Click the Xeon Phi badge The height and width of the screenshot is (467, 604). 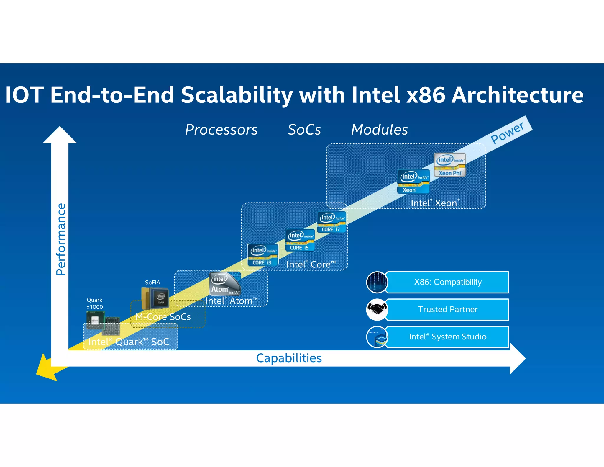(449, 165)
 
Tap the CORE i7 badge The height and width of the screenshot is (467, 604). (332, 222)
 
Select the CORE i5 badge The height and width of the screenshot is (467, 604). (300, 240)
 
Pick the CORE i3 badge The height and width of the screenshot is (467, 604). (262, 255)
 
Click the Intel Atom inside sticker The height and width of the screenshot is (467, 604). (225, 284)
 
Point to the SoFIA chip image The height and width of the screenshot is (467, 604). (155, 298)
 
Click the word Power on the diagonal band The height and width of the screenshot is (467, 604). (507, 133)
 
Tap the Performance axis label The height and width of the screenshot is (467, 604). (61, 239)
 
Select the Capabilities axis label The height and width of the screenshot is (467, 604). (289, 358)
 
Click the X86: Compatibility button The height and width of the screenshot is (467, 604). (447, 282)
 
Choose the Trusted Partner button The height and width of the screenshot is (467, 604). (447, 309)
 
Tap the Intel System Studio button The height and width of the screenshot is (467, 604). (447, 337)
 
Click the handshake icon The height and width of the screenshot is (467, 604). (377, 310)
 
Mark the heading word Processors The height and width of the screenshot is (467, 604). (221, 130)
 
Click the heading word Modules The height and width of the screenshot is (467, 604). (379, 130)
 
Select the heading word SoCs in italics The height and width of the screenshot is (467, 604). (304, 130)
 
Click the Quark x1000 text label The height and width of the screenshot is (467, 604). (95, 303)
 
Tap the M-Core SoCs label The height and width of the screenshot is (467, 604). (163, 317)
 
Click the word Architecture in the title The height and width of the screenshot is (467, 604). (517, 95)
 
